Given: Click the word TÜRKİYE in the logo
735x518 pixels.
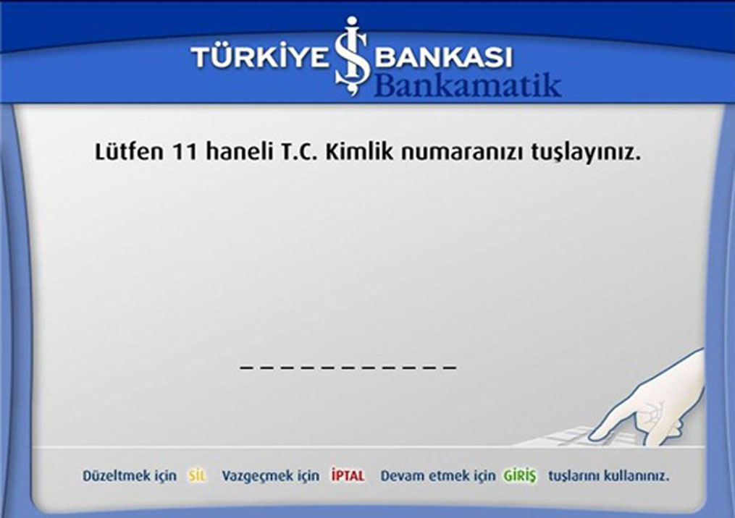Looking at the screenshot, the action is pos(260,58).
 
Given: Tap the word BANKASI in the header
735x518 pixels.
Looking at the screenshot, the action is pos(445,58).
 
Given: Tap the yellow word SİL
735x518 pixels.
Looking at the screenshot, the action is pos(198,476).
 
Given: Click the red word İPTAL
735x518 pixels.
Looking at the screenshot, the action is pos(348,476).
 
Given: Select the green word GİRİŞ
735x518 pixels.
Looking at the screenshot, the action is pos(519,476).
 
